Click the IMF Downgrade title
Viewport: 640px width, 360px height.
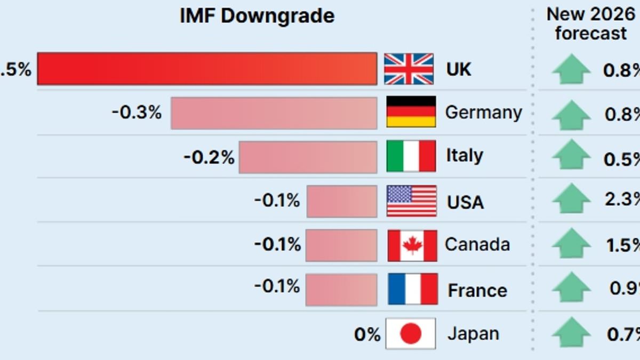coord(257,16)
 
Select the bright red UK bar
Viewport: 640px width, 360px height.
coord(207,69)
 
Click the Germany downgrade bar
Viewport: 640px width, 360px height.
coord(274,113)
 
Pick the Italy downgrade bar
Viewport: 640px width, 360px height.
coord(308,157)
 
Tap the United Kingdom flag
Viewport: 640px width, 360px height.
coord(409,69)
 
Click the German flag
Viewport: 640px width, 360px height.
coord(411,111)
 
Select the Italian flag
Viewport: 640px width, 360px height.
coord(411,156)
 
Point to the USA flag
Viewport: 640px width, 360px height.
coord(412,201)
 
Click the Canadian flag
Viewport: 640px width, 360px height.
coord(412,245)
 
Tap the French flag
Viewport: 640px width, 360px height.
coord(413,289)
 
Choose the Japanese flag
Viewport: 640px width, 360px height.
coord(411,333)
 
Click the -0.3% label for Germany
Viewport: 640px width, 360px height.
coord(137,113)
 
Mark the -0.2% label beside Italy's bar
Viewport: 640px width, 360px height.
coord(209,157)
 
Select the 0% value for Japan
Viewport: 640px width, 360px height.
coord(367,335)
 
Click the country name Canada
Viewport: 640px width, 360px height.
coord(477,245)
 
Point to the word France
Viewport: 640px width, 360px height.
coord(477,291)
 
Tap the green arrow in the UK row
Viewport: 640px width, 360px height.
coord(571,69)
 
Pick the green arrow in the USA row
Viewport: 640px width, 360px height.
coord(571,199)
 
